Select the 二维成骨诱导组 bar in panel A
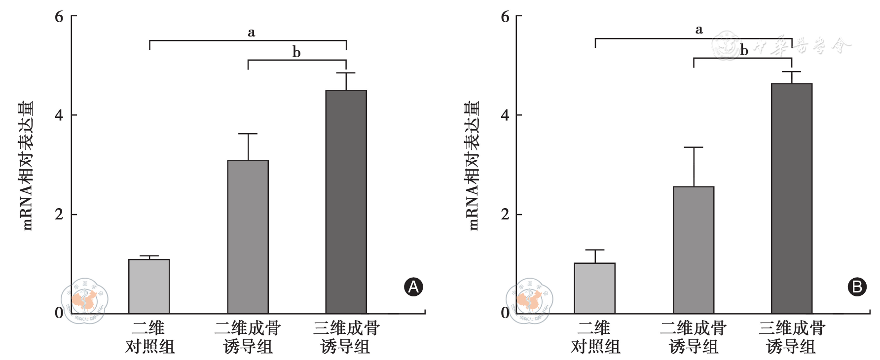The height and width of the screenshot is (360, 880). [248, 237]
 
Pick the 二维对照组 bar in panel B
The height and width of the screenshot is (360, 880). [594, 288]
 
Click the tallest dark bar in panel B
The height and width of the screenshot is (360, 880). [792, 198]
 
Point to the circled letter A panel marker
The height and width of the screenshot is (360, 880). [413, 287]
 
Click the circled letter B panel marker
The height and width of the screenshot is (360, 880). [857, 287]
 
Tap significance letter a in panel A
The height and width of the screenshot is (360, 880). [251, 33]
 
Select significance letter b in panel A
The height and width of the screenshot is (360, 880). [296, 52]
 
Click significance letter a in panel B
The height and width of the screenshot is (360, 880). [698, 30]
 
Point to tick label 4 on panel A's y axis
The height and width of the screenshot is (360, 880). [59, 115]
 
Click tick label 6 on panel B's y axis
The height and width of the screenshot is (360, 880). [505, 17]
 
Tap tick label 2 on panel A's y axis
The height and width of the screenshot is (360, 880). [59, 215]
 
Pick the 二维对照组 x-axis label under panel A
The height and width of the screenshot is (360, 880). [149, 337]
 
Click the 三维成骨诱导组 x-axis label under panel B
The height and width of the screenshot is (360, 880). [791, 337]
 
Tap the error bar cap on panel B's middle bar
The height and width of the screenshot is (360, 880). [694, 147]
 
